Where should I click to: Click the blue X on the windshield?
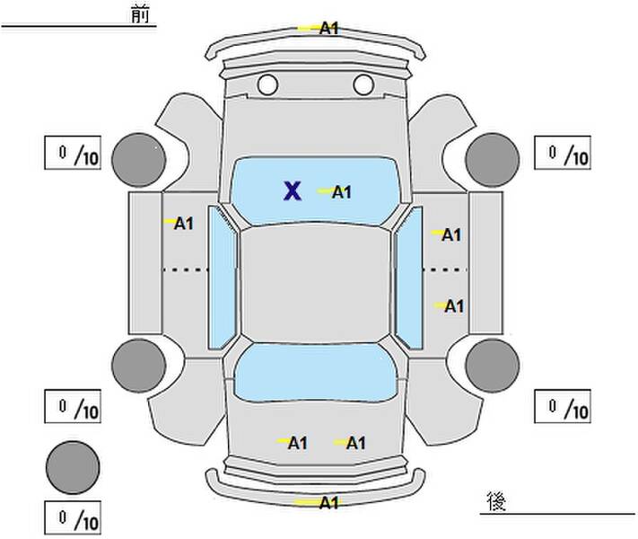[x=293, y=191]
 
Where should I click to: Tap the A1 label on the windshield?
[x=341, y=192]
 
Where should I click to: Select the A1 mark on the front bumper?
[x=328, y=29]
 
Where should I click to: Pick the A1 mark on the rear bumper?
[x=328, y=503]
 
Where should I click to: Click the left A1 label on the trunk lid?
[x=297, y=443]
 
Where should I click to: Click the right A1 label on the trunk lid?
[x=355, y=443]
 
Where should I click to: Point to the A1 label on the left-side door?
[x=184, y=224]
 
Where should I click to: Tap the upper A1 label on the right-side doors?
[x=451, y=235]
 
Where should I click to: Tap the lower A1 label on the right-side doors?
[x=454, y=306]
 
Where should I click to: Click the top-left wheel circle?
[x=139, y=160]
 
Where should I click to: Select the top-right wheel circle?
[x=493, y=160]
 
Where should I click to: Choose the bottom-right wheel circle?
[x=493, y=366]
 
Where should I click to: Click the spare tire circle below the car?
[x=73, y=467]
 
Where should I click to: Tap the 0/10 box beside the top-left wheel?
[x=73, y=153]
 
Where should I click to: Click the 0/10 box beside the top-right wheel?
[x=563, y=153]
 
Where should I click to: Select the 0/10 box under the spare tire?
[x=73, y=517]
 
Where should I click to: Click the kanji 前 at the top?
[x=140, y=14]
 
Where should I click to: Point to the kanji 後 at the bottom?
[x=496, y=501]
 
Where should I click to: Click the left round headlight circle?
[x=267, y=84]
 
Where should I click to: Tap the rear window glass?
[x=315, y=372]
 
